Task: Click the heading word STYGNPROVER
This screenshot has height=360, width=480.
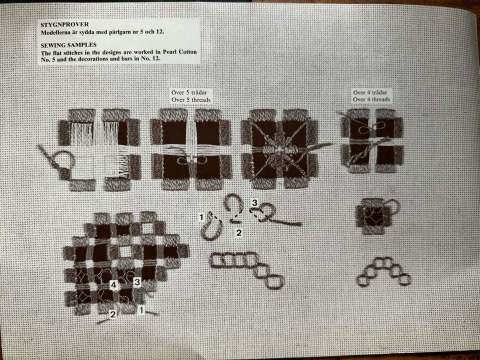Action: pos(64,24)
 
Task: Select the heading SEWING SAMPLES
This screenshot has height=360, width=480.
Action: pos(68,45)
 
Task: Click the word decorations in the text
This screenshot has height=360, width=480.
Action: pos(93,59)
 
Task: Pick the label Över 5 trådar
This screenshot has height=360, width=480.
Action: pos(189,92)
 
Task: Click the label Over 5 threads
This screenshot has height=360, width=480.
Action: pos(191,100)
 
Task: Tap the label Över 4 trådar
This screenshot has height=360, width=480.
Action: pos(370,92)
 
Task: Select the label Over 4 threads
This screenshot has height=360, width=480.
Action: pos(371,99)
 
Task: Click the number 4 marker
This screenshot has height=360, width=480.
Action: pos(113,285)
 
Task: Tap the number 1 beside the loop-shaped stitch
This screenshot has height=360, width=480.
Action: pos(201,217)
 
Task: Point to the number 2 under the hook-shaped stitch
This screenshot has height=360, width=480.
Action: pos(239,232)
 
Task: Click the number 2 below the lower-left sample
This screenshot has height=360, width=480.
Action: pos(113,314)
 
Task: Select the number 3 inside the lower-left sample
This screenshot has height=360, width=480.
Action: pos(137,282)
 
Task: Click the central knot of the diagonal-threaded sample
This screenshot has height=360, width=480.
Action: pos(279,150)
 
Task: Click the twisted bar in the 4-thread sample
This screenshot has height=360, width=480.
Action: pos(359,156)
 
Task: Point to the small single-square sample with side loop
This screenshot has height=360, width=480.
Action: pos(376,215)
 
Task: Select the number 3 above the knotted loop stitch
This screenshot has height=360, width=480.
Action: pos(254,202)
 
